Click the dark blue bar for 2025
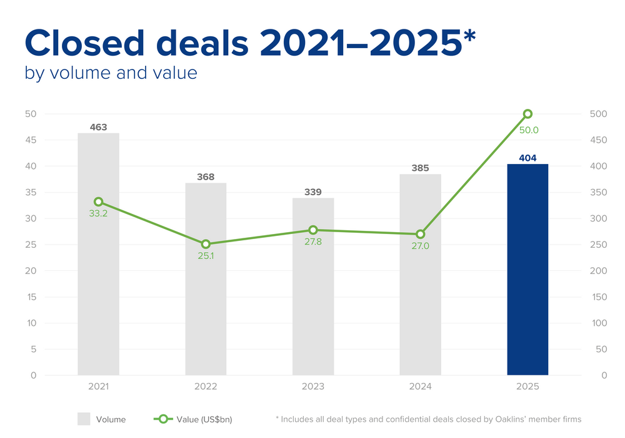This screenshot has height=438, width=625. click(x=527, y=269)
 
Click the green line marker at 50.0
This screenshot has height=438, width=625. click(x=527, y=114)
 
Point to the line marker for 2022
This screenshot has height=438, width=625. click(x=206, y=244)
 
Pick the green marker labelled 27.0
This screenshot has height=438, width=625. click(x=421, y=234)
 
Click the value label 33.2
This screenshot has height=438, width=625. click(x=98, y=214)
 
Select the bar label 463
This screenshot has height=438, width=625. click(x=98, y=127)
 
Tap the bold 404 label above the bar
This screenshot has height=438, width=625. click(x=527, y=158)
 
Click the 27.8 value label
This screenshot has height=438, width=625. click(x=313, y=242)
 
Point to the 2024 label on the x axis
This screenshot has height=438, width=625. click(x=421, y=387)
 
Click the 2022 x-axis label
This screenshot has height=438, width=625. click(x=206, y=387)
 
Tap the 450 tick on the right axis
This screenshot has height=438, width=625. click(x=598, y=140)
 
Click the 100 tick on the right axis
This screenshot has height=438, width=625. click(x=598, y=323)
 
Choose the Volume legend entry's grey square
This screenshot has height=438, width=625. click(x=84, y=419)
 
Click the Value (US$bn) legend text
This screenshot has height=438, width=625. click(x=214, y=419)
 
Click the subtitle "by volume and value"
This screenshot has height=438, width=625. click(x=111, y=73)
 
